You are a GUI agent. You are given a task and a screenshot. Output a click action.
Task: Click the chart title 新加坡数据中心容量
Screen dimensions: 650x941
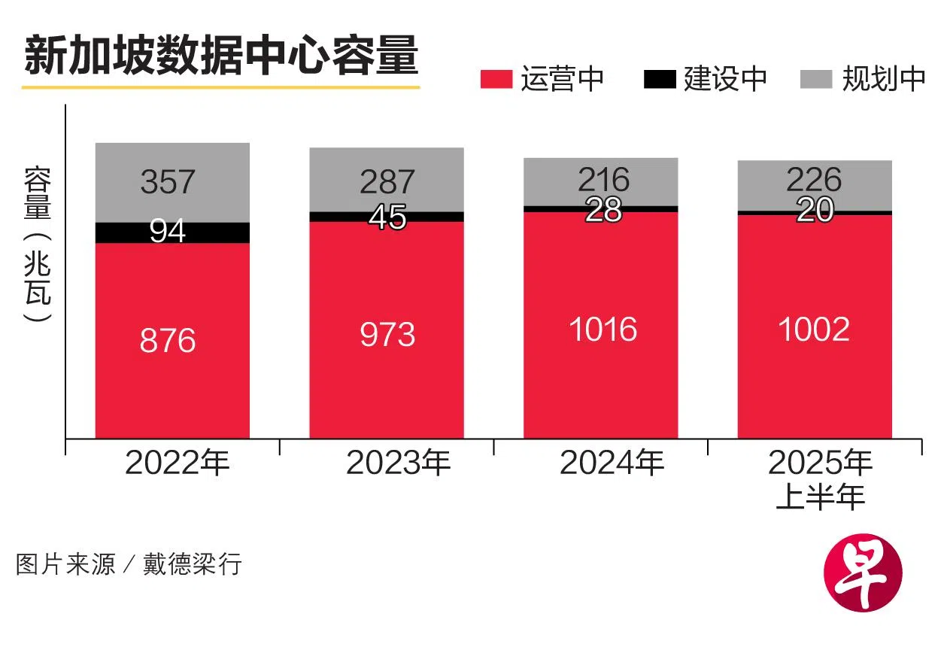220,57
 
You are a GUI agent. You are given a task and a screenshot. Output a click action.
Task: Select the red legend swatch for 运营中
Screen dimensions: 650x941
496,78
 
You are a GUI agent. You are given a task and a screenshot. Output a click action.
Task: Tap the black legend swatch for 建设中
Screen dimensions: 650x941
660,78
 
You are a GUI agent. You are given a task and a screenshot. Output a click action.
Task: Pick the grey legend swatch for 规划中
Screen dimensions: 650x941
818,78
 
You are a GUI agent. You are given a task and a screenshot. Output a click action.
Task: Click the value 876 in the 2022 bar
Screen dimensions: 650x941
168,340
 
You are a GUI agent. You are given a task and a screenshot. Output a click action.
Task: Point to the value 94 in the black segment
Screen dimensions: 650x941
168,232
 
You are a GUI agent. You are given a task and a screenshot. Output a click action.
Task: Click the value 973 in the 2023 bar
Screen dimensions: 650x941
387,334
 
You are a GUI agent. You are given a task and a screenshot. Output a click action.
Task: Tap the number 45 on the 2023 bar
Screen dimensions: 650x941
387,217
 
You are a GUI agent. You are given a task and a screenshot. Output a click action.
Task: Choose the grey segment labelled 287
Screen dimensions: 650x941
387,181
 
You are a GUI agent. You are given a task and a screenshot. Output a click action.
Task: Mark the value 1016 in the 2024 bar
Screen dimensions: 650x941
603,330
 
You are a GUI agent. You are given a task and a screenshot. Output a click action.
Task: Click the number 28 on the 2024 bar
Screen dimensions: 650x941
603,210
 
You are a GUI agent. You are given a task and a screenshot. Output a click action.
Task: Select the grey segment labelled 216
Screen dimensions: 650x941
603,180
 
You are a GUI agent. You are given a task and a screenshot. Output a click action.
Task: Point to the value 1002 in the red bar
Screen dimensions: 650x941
814,330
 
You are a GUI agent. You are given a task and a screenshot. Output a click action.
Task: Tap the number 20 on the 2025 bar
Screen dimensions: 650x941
815,211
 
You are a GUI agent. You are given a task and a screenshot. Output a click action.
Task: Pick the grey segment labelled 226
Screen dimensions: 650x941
814,180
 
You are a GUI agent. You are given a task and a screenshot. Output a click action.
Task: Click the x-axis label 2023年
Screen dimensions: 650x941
398,463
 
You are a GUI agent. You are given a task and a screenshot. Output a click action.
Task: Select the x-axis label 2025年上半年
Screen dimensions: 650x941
820,479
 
